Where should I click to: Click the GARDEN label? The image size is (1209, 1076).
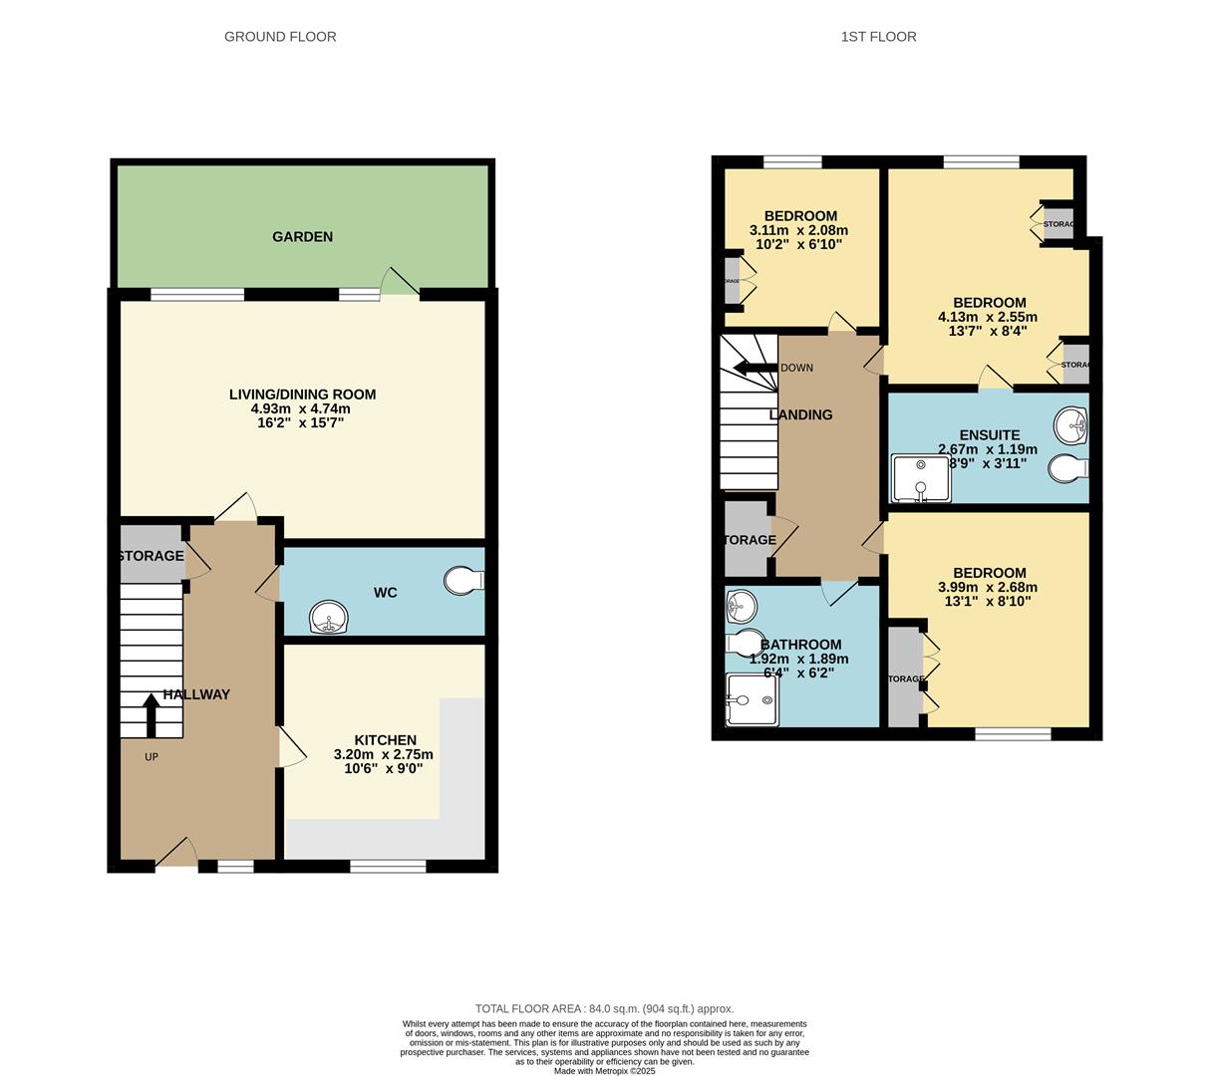pos(302,237)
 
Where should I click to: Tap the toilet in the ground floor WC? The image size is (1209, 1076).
pos(464,580)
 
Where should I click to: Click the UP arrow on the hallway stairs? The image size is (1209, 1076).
pos(151,713)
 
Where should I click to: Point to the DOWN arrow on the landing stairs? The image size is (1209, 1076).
pos(755,368)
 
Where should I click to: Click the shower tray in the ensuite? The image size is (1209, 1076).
pos(920,478)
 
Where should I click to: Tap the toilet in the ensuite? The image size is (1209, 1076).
pos(1070,467)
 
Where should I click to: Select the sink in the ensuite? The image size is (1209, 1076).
pos(1071,424)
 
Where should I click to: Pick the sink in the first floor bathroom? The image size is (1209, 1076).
pos(741,605)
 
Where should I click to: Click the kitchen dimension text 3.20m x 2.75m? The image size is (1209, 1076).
pos(384,755)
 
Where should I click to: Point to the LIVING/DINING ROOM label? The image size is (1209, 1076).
pos(302,395)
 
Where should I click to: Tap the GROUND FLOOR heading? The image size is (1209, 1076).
pos(280,37)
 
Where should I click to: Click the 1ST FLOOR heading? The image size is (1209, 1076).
pos(878,37)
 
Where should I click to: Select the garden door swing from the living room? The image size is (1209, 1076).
pos(400,283)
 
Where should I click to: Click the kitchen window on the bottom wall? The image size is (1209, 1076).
pos(388,867)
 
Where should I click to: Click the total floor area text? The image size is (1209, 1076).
pos(604,1008)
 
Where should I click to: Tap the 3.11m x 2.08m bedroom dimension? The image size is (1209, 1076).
pos(798,230)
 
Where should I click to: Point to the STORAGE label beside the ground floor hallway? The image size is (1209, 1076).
pos(151,556)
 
